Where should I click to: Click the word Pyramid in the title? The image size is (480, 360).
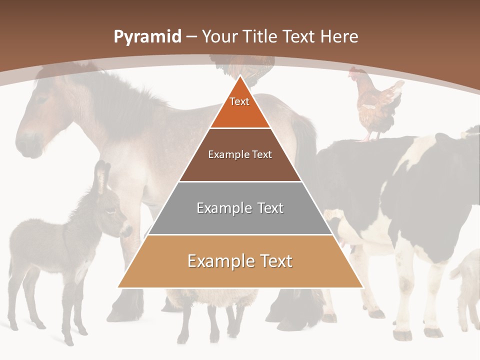coord(147,37)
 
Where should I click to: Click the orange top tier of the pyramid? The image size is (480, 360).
coord(240,112)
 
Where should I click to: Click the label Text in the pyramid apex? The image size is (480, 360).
coord(239,101)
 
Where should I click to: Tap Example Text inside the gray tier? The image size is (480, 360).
coord(240,208)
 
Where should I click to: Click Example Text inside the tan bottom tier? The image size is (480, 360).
coord(240,261)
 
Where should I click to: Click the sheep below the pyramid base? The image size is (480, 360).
coord(210,305)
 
